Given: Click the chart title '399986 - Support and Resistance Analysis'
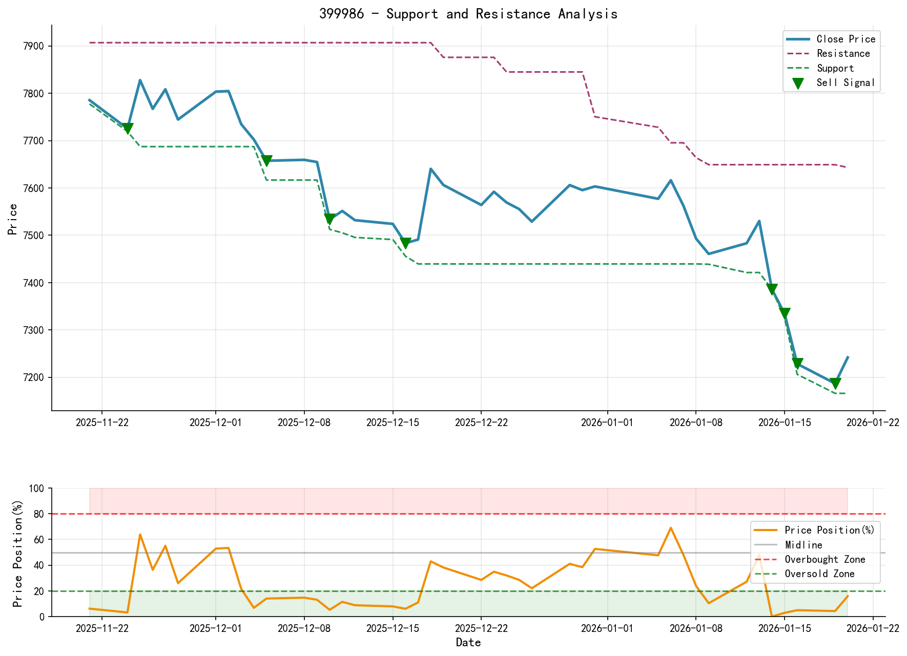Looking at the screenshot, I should tap(468, 14).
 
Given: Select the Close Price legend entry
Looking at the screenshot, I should tap(846, 39).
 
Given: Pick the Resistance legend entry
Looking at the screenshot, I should tap(843, 54).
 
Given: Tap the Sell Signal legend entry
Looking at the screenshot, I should tap(846, 83).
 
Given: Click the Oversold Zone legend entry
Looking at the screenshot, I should tap(819, 574).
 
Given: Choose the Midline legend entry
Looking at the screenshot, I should tap(803, 545).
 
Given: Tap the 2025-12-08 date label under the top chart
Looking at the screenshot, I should tap(304, 422).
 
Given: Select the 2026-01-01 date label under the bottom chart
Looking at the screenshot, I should tap(607, 629).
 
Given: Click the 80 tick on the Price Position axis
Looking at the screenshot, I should tap(39, 514).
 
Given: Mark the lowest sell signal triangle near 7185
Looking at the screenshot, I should tap(835, 384).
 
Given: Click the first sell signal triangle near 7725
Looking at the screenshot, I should tap(128, 129).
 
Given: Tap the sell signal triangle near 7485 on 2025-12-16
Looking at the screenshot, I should tap(405, 243).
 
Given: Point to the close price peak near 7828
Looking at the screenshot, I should tap(140, 80).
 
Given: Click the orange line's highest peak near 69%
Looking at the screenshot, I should tap(670, 528).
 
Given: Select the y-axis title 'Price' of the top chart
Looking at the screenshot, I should tap(13, 219).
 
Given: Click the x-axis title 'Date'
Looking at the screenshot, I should tap(468, 643).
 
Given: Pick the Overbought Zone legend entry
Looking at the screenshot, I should tap(824, 560).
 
